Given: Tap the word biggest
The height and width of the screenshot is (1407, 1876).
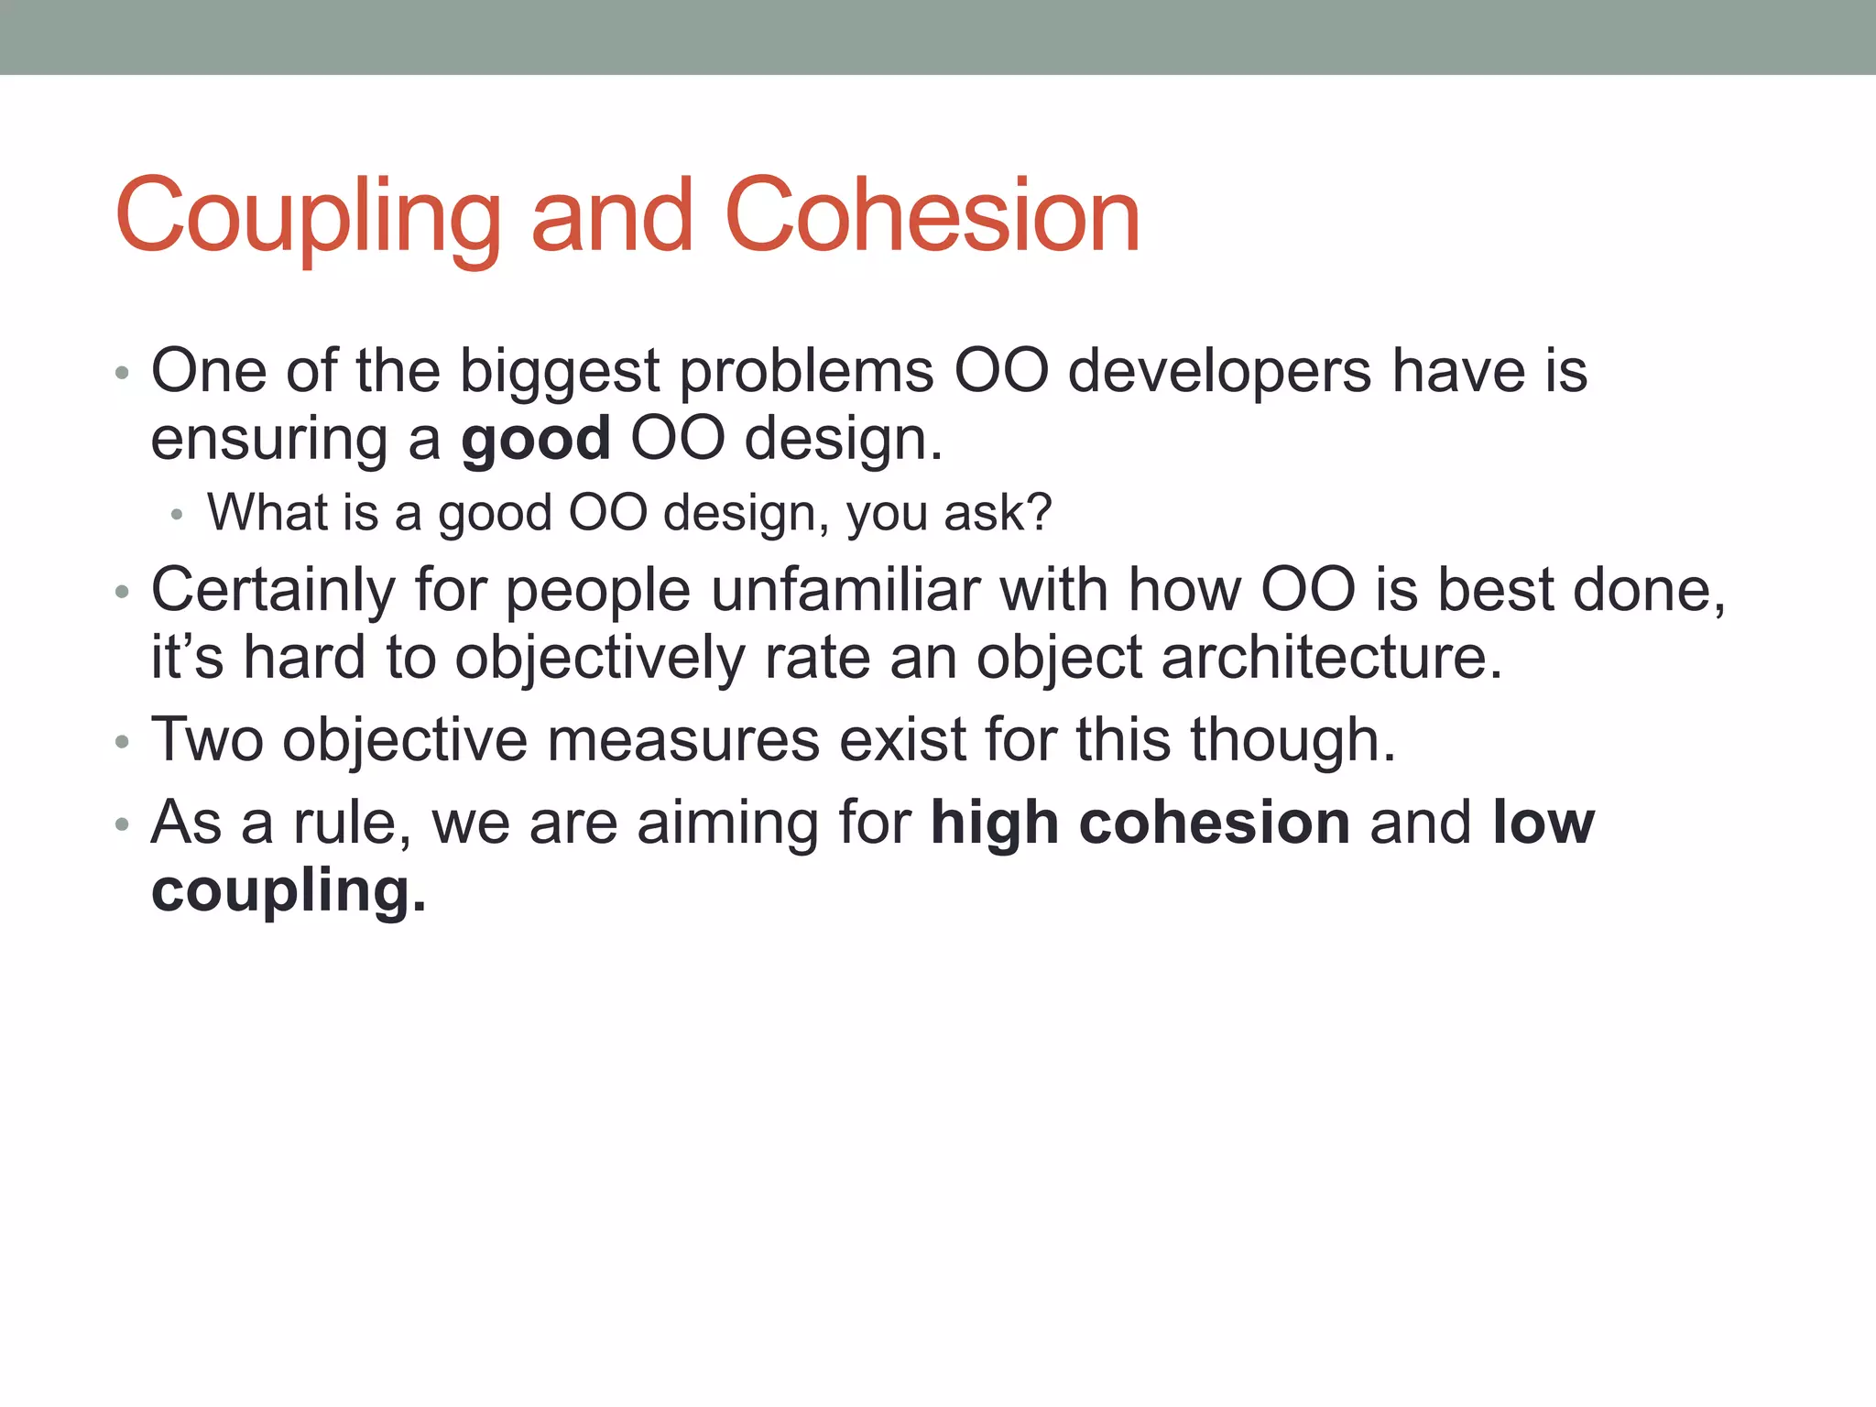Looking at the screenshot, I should [559, 373].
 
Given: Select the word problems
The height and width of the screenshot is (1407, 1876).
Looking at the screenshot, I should [806, 373].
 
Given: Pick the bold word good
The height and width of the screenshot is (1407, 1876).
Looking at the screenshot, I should [536, 441].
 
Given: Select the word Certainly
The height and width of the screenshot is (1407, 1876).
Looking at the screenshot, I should [273, 590].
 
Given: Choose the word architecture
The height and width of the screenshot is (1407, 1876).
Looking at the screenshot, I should [1332, 658].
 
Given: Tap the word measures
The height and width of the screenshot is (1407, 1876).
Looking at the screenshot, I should [682, 739].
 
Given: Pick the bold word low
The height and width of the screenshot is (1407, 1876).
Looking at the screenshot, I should [1543, 822].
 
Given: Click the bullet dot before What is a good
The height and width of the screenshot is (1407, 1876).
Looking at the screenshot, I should [177, 516].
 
